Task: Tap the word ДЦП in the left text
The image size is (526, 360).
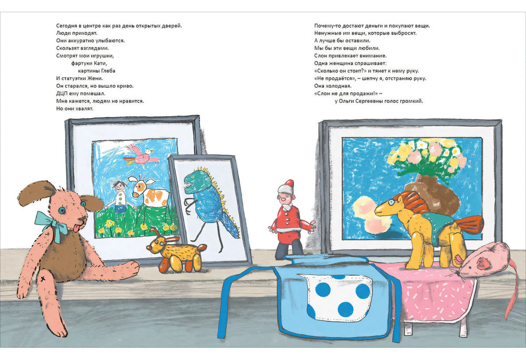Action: [x=62, y=94]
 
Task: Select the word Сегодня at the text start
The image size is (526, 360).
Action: [x=67, y=26]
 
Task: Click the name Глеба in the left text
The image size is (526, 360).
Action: [x=108, y=71]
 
